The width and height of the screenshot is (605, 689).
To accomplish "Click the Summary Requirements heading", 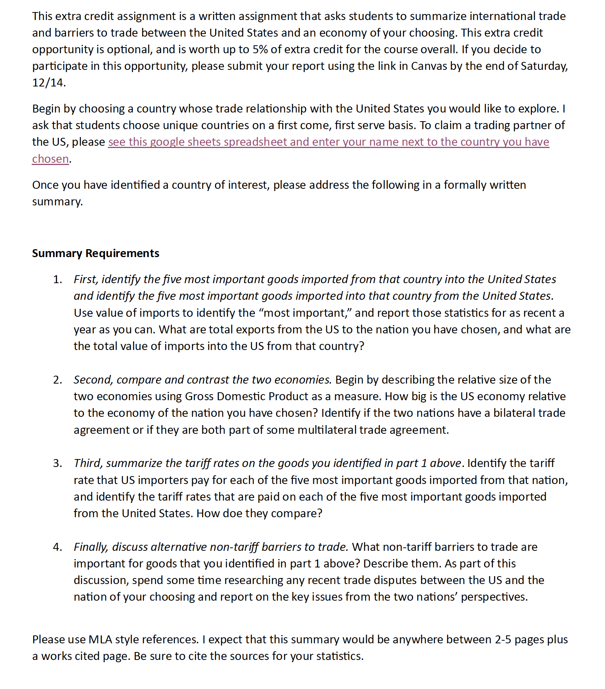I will [x=95, y=253].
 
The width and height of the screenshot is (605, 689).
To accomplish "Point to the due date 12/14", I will [x=48, y=83].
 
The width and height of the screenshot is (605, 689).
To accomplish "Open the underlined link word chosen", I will [x=51, y=159].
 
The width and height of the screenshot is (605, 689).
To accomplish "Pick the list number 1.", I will [x=57, y=279].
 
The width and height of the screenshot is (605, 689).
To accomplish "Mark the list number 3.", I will [x=57, y=463].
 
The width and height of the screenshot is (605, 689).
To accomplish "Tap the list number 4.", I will [x=57, y=547].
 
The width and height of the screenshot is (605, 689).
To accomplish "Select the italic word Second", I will [x=93, y=380].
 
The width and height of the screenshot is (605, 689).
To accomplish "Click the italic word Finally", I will [x=91, y=547].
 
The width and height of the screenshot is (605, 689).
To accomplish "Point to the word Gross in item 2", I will [x=199, y=396].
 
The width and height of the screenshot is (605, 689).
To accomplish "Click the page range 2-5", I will [x=503, y=640].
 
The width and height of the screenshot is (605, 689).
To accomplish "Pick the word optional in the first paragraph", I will [x=129, y=49].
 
